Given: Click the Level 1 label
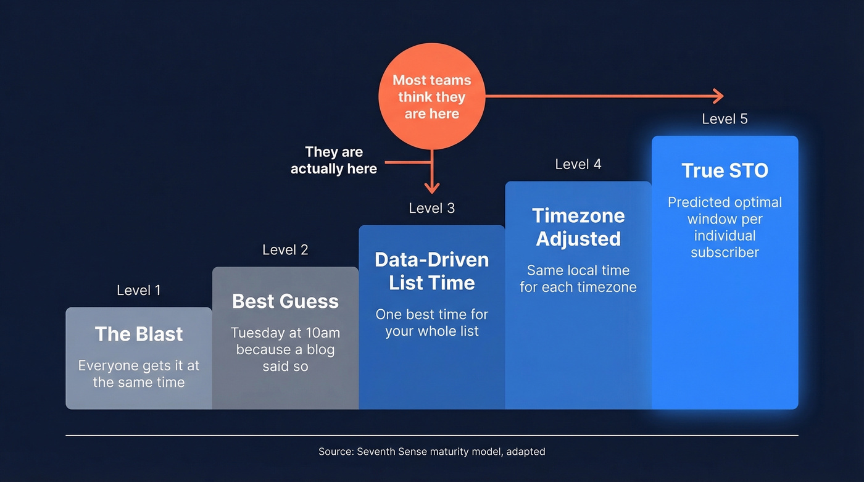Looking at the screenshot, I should pos(138,290).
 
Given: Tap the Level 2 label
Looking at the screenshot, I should pos(285,250).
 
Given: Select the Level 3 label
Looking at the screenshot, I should pos(431,208).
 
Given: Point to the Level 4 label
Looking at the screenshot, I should pos(578,164).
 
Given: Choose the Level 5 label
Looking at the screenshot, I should pos(725,118).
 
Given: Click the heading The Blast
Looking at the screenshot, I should pos(139,334).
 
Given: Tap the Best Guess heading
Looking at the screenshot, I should pos(285,301).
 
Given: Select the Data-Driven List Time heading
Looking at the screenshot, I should pos(431,271).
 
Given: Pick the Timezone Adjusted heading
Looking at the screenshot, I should pos(578,227).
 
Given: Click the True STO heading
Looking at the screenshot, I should pos(725,170).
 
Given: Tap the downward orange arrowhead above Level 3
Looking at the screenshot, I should pos(432,188).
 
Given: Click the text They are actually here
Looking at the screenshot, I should pos(334,160).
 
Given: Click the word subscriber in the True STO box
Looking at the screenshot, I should pos(725,252).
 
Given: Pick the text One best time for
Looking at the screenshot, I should pos(431,314).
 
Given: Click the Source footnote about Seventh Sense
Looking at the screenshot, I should pos(431,451).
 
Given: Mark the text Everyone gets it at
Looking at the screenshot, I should pos(139,365).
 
